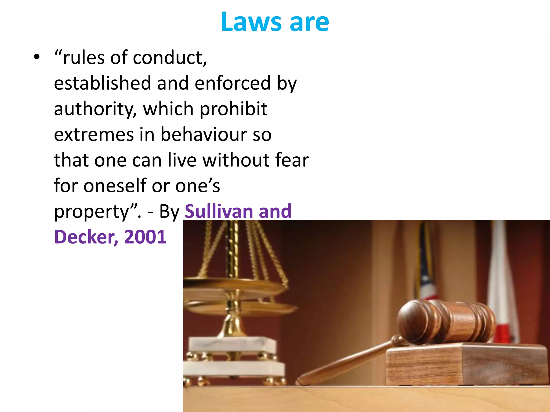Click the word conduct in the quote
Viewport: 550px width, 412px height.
(170, 58)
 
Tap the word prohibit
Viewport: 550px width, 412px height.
(233, 109)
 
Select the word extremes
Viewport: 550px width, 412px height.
(94, 134)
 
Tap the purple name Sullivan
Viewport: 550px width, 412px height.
(218, 211)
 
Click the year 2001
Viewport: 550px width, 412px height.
(145, 237)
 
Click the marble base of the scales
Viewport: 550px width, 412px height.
(233, 357)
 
